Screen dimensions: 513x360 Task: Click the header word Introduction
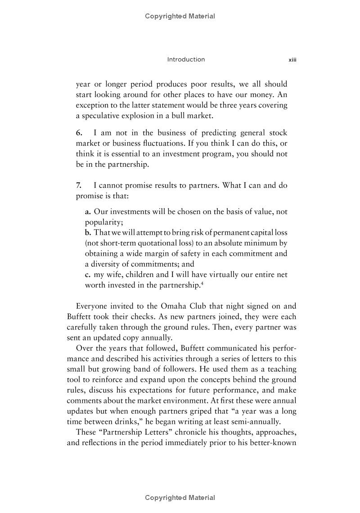tap(186, 59)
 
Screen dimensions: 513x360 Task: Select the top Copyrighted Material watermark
tap(180, 16)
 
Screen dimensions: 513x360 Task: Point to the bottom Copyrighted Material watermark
tap(180, 497)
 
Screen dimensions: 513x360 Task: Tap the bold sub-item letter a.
tap(88, 211)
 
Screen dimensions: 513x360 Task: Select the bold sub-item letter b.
tap(88, 232)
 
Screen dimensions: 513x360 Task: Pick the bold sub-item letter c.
tap(88, 274)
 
